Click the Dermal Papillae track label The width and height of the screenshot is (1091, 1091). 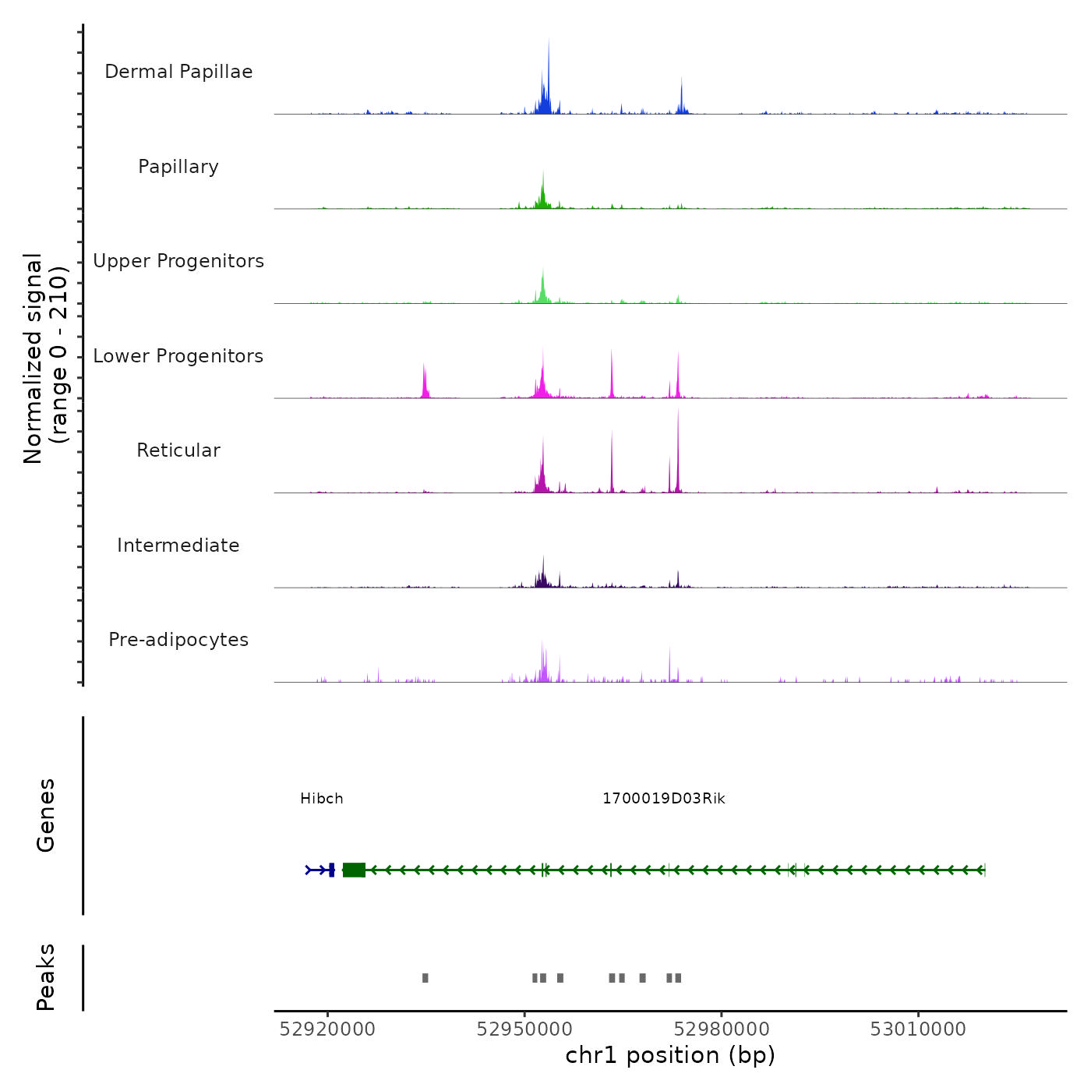(178, 72)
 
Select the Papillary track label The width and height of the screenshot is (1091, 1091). (178, 167)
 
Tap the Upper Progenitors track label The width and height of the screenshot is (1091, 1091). (178, 261)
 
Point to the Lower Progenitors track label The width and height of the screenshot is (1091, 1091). (178, 356)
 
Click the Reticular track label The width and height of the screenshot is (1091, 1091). (178, 450)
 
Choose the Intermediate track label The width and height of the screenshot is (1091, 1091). (178, 545)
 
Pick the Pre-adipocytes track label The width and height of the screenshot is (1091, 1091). (178, 640)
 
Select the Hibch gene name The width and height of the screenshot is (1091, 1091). (322, 799)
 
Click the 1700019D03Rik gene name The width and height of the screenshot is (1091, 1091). (664, 799)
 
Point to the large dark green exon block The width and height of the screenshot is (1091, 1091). (354, 870)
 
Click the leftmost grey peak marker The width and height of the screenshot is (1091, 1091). (425, 978)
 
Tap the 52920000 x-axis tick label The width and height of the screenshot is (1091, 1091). (327, 1029)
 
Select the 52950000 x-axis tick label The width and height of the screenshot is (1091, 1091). (524, 1029)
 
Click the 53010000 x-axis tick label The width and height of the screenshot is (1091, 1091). (918, 1029)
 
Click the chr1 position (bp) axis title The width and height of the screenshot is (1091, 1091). (670, 1055)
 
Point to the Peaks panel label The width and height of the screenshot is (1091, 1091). (46, 977)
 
